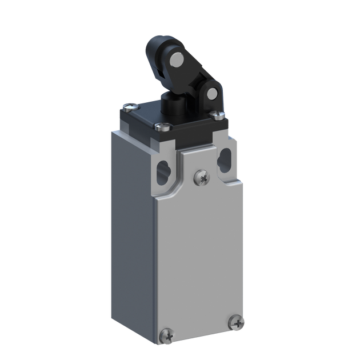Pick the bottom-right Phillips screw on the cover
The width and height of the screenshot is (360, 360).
coord(238,324)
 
